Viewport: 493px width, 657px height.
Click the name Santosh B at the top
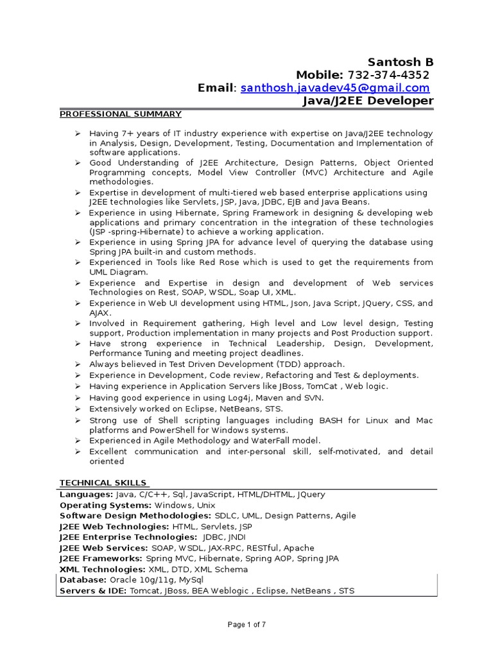pos(400,62)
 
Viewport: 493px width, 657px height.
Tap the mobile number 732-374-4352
pos(389,75)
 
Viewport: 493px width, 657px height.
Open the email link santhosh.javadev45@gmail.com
pos(334,88)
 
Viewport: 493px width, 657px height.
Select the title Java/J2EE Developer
pos(368,101)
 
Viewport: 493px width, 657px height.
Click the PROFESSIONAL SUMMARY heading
pos(121,114)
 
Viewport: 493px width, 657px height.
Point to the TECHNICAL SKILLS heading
pos(103,482)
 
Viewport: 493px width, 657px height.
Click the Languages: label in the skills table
pos(86,495)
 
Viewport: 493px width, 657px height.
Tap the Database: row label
pos(82,579)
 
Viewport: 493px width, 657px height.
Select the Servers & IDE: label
pos(93,590)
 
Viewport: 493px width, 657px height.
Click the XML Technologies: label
pos(102,569)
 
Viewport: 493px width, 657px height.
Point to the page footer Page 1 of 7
pos(246,624)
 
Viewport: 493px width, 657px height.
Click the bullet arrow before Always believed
pos(77,364)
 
